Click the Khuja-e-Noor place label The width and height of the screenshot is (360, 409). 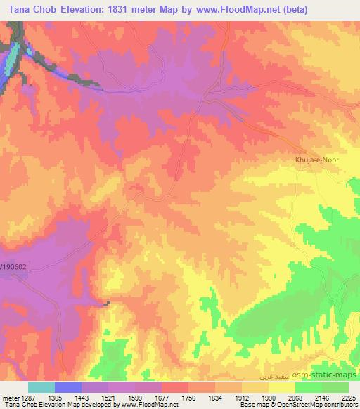(x=316, y=160)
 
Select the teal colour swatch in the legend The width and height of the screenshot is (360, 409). (x=41, y=387)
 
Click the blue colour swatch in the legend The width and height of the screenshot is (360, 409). (x=67, y=387)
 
